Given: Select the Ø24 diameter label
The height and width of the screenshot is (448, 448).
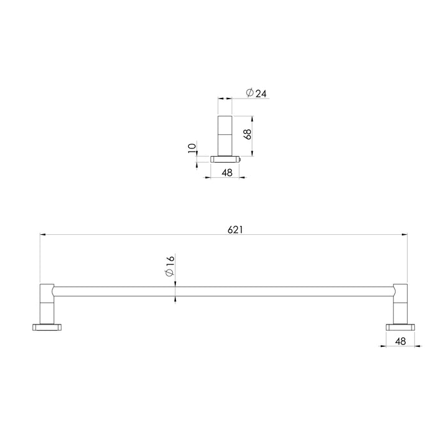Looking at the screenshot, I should [x=256, y=94].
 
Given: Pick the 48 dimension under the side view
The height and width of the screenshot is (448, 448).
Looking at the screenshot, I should [x=226, y=172].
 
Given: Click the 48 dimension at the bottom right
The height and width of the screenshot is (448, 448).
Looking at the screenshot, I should [x=401, y=342].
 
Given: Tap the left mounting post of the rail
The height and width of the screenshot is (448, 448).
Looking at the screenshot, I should [x=47, y=303].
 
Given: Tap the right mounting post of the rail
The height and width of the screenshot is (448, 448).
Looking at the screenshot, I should [x=400, y=303].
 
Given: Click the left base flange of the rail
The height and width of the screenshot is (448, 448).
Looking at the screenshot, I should [x=45, y=327].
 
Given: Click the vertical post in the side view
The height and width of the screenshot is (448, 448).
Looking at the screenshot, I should [x=225, y=135].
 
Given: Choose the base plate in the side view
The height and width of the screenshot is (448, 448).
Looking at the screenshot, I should [x=225, y=158].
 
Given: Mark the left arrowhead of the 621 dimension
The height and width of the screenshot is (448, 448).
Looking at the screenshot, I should [x=43, y=236].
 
